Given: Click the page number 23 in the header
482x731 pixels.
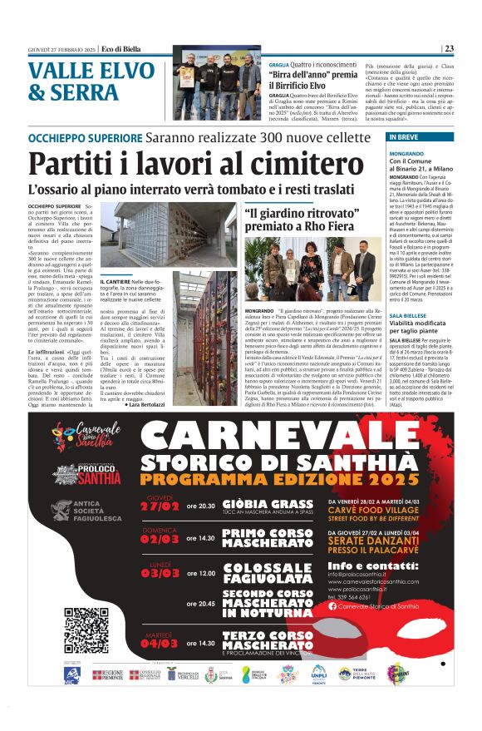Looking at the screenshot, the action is click(471, 48).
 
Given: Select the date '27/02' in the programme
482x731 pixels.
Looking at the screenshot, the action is click(160, 506).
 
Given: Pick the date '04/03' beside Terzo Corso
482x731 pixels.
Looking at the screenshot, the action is click(160, 643).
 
